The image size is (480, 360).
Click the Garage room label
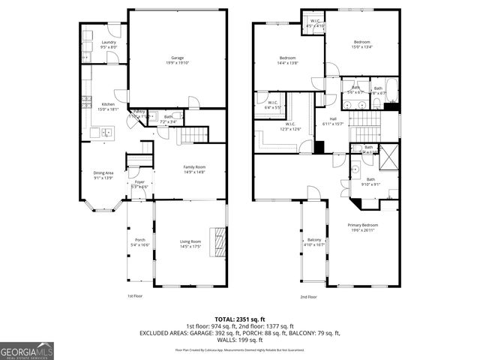[177, 60]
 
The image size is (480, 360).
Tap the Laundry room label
[108, 44]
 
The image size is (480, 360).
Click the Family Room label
[194, 169]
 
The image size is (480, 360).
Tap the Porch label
[139, 243]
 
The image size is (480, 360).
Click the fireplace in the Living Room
[220, 243]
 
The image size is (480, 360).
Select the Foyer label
[139, 184]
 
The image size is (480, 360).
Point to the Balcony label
[315, 241]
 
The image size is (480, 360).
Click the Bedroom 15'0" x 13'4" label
[362, 43]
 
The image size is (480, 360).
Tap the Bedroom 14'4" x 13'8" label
[288, 60]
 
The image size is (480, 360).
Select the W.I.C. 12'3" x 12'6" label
[289, 126]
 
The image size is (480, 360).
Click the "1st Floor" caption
[135, 296]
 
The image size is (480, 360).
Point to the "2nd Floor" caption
[308, 296]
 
